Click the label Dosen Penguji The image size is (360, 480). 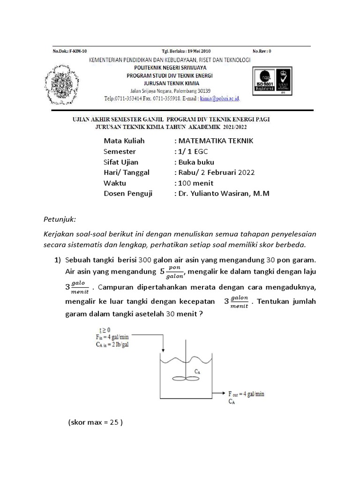tap(128, 193)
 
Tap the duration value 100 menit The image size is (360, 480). tap(195, 183)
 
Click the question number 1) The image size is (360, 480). tap(58, 260)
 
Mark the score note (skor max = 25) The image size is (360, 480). tap(95, 422)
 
